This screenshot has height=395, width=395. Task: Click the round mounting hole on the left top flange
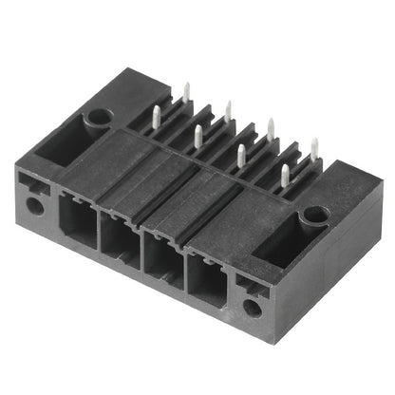[98, 120]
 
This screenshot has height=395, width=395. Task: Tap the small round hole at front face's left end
[34, 204]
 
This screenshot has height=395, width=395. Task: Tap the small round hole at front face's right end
[252, 308]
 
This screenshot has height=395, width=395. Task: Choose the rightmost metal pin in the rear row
[313, 148]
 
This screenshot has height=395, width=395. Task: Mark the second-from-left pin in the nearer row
[198, 136]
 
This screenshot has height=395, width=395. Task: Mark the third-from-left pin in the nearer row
[241, 155]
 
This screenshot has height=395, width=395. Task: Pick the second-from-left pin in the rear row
[228, 110]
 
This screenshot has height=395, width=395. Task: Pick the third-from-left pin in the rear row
[271, 128]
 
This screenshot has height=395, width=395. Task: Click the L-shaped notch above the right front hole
[249, 286]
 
